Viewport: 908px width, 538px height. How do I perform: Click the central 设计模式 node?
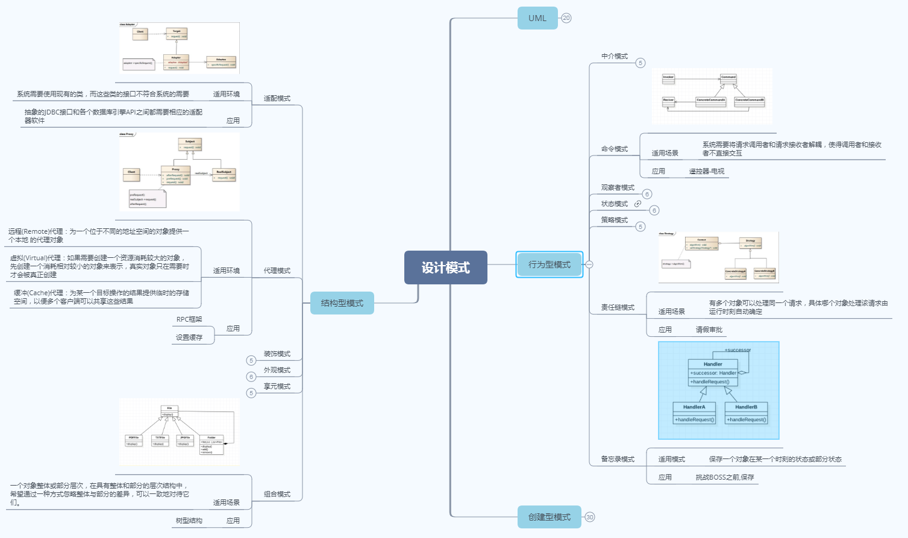445,267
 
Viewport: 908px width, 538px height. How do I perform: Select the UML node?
537,18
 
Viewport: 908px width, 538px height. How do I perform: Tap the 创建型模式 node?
549,517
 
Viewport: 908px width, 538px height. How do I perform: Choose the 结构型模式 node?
342,303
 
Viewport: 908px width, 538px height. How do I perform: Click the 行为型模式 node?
549,264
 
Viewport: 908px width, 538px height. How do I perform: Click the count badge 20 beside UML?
566,18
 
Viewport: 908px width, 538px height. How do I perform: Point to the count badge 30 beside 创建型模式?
590,517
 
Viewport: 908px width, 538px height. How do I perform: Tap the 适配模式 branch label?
277,98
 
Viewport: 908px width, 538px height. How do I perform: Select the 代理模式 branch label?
277,271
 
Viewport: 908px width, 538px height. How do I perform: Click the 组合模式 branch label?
277,494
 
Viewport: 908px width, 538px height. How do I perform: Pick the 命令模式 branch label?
615,149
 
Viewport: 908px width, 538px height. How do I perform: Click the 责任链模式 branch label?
618,307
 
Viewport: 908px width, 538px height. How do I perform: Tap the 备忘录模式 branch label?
618,459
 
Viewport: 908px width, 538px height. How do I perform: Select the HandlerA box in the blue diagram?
694,413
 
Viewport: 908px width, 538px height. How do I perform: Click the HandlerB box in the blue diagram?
746,413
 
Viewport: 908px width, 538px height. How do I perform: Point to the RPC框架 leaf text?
189,319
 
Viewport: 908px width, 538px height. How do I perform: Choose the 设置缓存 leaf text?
189,337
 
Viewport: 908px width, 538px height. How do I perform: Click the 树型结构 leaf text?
189,521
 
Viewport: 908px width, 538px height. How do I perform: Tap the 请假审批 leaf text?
709,330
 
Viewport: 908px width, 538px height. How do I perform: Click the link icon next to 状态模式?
637,204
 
